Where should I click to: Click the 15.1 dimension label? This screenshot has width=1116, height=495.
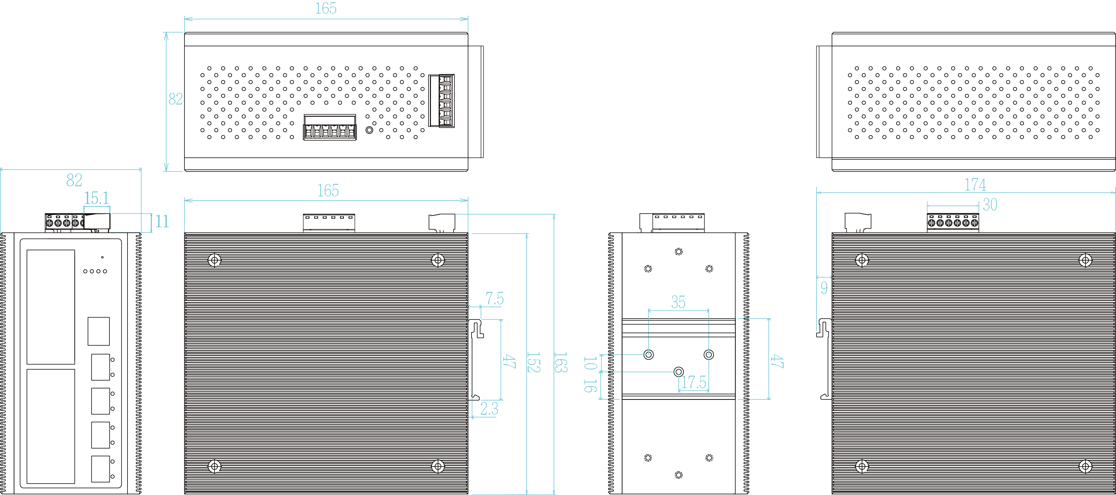point(96,198)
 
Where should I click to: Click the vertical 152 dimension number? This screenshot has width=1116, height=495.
point(533,363)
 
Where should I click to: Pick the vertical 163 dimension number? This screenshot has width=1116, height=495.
point(561,363)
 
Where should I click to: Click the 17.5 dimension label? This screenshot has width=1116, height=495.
point(694,382)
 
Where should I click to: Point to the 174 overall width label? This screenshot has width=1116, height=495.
point(975,185)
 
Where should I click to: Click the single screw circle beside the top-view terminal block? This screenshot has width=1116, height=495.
point(369,130)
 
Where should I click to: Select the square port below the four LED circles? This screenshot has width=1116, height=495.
point(99,331)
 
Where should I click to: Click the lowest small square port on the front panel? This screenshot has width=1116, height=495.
point(100,469)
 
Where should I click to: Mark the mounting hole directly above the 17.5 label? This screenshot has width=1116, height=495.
point(679,372)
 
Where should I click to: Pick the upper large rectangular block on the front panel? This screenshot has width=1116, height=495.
point(51,307)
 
